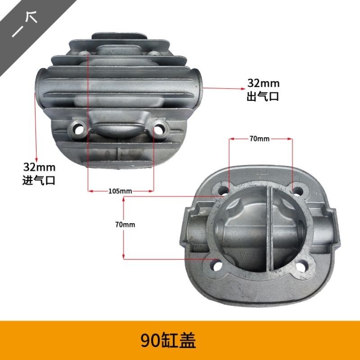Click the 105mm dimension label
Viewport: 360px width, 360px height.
tap(120, 191)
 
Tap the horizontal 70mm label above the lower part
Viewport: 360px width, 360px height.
tap(260, 139)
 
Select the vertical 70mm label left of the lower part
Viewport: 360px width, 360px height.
tap(125, 225)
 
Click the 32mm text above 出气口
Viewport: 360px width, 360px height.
tap(263, 83)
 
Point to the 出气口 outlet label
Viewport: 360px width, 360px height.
tap(263, 96)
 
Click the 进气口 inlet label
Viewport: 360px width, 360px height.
tap(39, 180)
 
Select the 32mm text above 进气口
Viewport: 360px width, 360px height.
tap(39, 167)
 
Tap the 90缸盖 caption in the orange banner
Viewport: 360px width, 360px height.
tap(168, 341)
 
